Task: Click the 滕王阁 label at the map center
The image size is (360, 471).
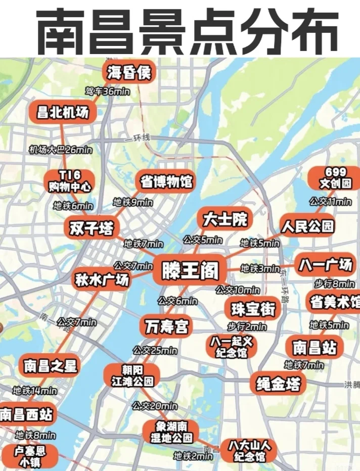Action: [x=190, y=271]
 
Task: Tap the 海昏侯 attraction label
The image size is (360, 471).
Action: [x=129, y=73]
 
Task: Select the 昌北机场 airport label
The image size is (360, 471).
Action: [x=63, y=112]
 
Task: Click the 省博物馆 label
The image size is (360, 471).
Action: [x=166, y=181]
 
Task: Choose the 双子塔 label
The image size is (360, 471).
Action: [x=91, y=228]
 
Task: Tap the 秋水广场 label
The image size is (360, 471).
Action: [x=102, y=279]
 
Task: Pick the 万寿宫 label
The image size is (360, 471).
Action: [x=166, y=326]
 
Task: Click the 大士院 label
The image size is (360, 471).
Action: [x=226, y=219]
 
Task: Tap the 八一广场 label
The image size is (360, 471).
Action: [x=325, y=264]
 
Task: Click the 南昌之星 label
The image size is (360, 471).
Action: [x=50, y=365]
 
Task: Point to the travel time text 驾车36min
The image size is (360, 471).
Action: [x=107, y=91]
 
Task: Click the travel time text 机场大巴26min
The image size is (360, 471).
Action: [x=61, y=150]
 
